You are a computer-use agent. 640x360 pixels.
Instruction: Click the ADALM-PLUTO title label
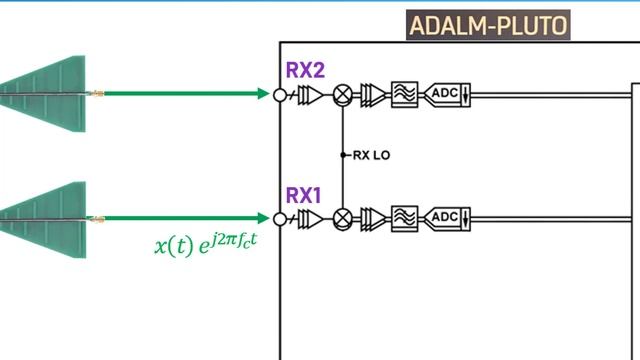pos(486,25)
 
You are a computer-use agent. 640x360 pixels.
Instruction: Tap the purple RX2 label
pos(305,70)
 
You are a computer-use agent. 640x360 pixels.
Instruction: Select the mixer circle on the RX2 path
pos(343,95)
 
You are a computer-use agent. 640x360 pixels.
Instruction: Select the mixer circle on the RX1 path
pos(343,218)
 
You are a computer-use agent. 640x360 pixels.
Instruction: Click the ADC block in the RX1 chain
pos(444,218)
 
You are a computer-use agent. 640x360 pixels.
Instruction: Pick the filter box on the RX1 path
pos(404,218)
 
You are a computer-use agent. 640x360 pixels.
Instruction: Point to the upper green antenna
pos(46,93)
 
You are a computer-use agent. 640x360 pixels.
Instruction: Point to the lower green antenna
pos(46,217)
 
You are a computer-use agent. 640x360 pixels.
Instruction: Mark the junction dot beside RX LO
pos(343,155)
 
